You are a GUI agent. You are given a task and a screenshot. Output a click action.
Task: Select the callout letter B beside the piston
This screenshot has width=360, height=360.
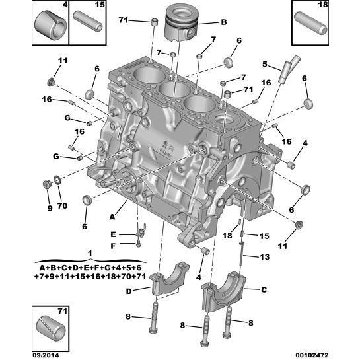point(223,22)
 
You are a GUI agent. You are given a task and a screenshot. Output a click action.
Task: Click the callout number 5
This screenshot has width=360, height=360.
point(264,64)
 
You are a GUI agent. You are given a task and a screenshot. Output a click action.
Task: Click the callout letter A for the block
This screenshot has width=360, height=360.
point(113,215)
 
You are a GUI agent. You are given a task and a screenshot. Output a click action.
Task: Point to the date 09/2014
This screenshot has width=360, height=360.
point(44,353)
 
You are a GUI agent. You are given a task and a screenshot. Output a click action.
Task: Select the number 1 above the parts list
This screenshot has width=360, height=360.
point(90,253)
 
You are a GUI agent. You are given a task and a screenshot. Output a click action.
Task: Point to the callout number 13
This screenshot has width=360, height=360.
point(265,257)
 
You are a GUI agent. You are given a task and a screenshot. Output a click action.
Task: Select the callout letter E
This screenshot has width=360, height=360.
point(113,234)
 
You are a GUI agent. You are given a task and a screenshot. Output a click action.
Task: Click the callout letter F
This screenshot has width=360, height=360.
point(113,246)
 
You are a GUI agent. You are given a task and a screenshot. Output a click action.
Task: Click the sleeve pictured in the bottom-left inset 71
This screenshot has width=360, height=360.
point(51,326)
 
